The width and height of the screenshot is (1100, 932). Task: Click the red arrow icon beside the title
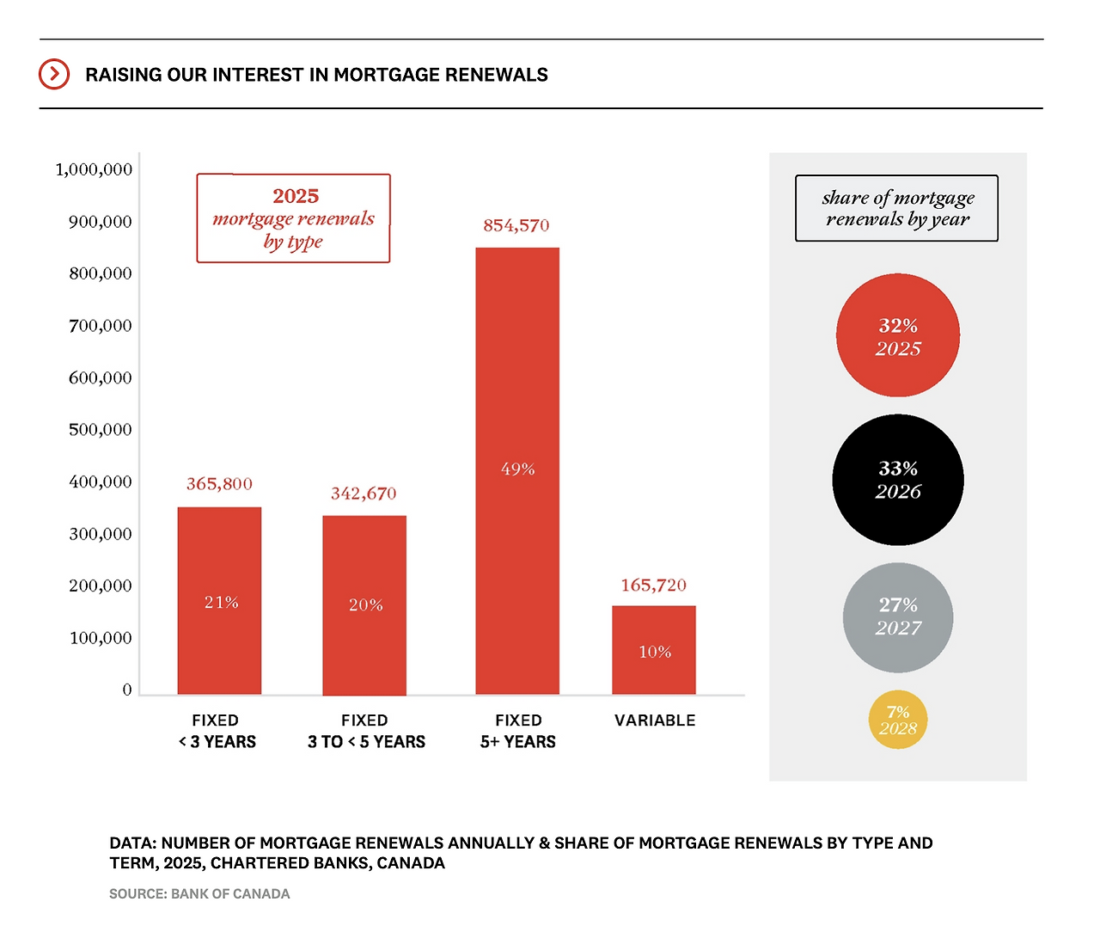(53, 74)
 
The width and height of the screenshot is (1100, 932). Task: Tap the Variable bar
(654, 636)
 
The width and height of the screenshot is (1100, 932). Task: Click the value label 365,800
(219, 484)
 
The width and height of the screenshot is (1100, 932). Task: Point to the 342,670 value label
(364, 494)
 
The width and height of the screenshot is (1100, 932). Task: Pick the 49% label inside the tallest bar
(517, 469)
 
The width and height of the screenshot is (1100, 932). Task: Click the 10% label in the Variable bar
(655, 652)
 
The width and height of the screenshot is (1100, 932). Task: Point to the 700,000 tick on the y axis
(101, 326)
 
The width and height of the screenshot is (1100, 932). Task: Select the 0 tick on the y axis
(127, 690)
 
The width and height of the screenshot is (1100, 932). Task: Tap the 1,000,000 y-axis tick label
(94, 169)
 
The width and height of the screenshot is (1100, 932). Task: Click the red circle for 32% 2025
(898, 335)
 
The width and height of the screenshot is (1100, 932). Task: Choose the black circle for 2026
(898, 480)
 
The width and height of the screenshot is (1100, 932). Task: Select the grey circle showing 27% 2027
(898, 617)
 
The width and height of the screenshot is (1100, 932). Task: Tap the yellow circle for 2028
(898, 720)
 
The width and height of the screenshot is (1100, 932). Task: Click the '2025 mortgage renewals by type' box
(293, 218)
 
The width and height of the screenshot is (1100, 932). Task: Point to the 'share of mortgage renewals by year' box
(897, 208)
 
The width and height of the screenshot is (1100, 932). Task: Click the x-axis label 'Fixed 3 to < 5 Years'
(366, 731)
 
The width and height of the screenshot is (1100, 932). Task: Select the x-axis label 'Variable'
(655, 720)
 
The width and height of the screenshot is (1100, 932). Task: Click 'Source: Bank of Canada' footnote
(199, 894)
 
